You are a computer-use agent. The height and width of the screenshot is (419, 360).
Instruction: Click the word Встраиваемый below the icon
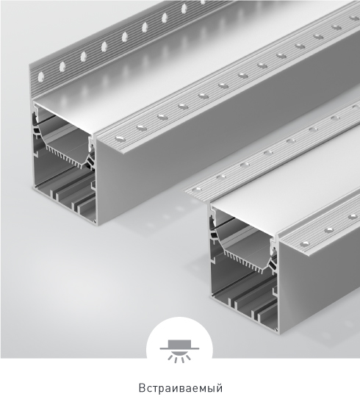pos(181,388)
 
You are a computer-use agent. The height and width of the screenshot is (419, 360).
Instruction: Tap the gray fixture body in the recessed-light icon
pos(179,344)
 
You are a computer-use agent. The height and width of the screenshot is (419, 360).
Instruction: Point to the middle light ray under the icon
pos(179,359)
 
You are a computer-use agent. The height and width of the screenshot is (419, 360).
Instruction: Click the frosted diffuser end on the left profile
pos(64,117)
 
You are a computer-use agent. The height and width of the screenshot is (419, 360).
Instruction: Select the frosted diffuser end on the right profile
pos(243,221)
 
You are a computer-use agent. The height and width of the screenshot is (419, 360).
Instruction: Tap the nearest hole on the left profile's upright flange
pos(41,77)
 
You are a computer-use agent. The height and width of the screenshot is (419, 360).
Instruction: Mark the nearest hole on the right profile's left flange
pos(198,189)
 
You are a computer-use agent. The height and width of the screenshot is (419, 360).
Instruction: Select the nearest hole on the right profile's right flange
pos(305,244)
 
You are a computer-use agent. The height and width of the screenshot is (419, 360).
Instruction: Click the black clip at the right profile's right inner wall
pos(273,265)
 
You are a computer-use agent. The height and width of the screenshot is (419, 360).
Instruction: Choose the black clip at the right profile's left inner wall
pos(213,235)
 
